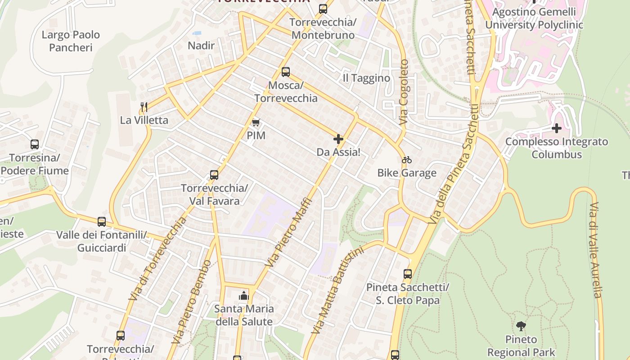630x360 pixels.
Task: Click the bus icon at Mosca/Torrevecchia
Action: tap(285, 72)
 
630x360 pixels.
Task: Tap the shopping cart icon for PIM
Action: tap(256, 122)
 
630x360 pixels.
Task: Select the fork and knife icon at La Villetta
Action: tap(144, 107)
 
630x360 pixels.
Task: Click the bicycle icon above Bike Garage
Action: tap(407, 160)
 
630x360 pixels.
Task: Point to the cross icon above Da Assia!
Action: tap(338, 139)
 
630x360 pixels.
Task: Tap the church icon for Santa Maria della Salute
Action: tap(243, 296)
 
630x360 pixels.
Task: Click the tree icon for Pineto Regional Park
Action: tap(521, 326)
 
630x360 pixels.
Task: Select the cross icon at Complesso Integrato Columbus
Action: tap(557, 128)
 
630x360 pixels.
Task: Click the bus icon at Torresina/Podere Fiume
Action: tap(35, 144)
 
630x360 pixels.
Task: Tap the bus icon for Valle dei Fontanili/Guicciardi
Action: tap(102, 222)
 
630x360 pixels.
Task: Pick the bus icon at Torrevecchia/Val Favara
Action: tap(214, 175)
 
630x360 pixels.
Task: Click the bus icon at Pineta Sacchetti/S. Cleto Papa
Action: tap(407, 274)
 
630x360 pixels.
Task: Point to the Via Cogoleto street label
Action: tap(404, 92)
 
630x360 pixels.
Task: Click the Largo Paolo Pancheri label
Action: tap(71, 41)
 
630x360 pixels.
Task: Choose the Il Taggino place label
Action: tap(366, 78)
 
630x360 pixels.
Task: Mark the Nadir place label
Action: tap(201, 45)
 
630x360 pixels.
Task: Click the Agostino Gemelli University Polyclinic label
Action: tap(534, 18)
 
